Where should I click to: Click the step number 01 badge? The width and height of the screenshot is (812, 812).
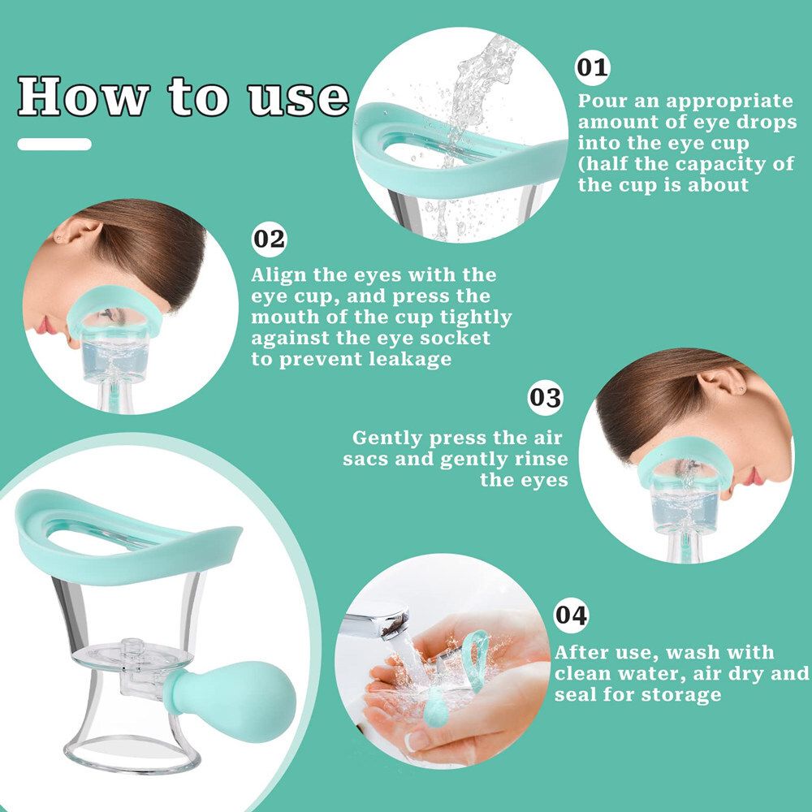click(593, 68)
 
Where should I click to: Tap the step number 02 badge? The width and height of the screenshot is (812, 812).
click(270, 240)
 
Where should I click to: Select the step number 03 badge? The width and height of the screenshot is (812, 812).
click(546, 398)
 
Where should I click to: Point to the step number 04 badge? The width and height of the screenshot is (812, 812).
click(572, 615)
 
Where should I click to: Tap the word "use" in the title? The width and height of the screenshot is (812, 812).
click(299, 99)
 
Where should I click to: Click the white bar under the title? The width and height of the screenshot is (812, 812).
click(54, 144)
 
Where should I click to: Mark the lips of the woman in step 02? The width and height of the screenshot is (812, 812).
click(45, 326)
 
